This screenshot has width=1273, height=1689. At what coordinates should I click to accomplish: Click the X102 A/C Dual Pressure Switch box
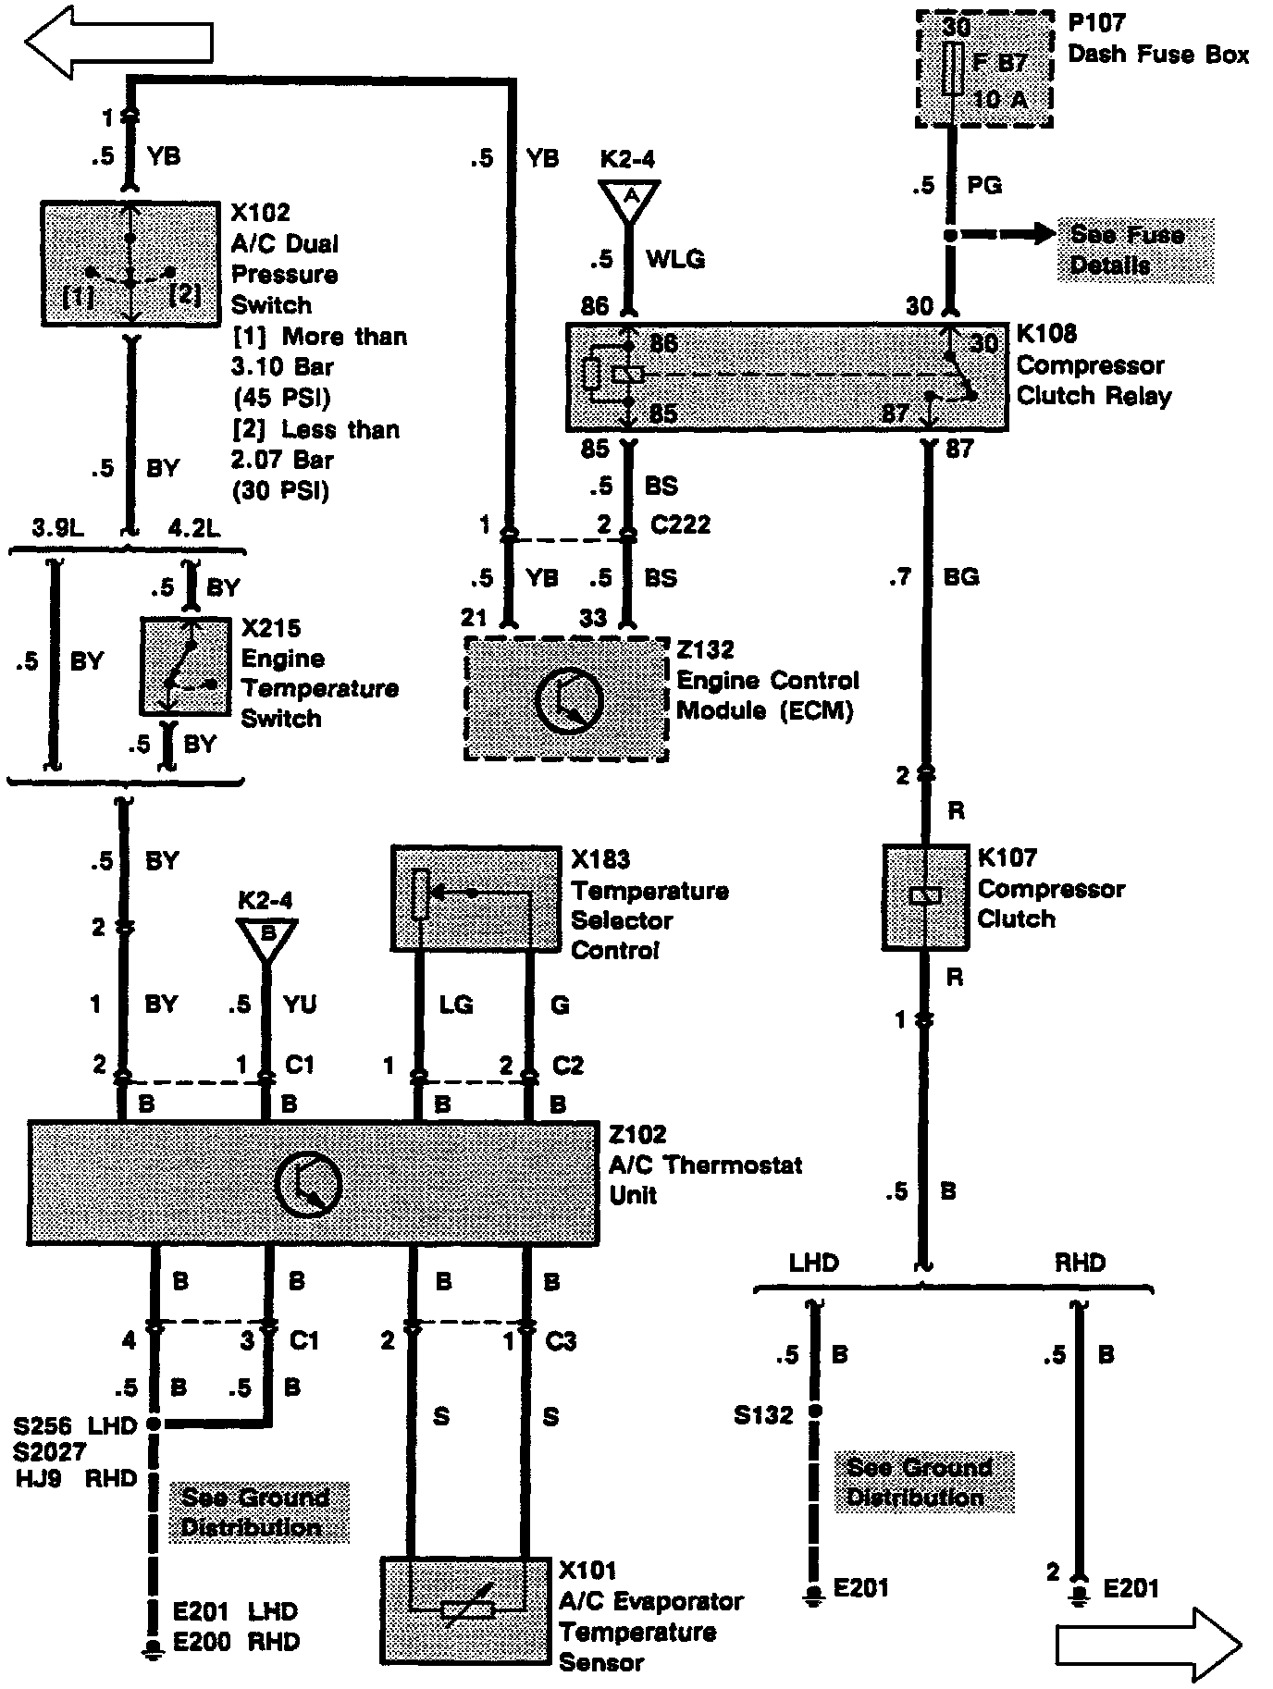point(130,265)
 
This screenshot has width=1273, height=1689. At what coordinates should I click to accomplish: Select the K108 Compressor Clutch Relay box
point(786,376)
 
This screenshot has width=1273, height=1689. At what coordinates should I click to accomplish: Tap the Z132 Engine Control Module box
point(566,698)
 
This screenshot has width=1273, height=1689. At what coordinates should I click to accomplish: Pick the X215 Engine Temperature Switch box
point(185,666)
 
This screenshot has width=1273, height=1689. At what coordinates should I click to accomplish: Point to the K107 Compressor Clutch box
point(925,896)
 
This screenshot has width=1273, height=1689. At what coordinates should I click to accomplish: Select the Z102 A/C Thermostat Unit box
point(313,1183)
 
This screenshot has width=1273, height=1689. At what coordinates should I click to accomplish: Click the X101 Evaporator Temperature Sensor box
point(469,1609)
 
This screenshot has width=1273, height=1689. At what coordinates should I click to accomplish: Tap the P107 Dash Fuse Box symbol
point(984,69)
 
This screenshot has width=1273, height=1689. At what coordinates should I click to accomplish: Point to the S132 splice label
point(763,1414)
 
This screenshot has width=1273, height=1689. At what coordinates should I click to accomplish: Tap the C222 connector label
point(679,524)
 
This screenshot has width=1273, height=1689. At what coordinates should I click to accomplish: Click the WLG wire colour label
point(675,259)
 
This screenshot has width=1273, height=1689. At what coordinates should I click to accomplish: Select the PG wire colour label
point(984,185)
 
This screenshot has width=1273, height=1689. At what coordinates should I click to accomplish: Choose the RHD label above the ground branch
point(1080,1262)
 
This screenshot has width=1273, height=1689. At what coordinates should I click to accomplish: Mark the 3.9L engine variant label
point(57,528)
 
